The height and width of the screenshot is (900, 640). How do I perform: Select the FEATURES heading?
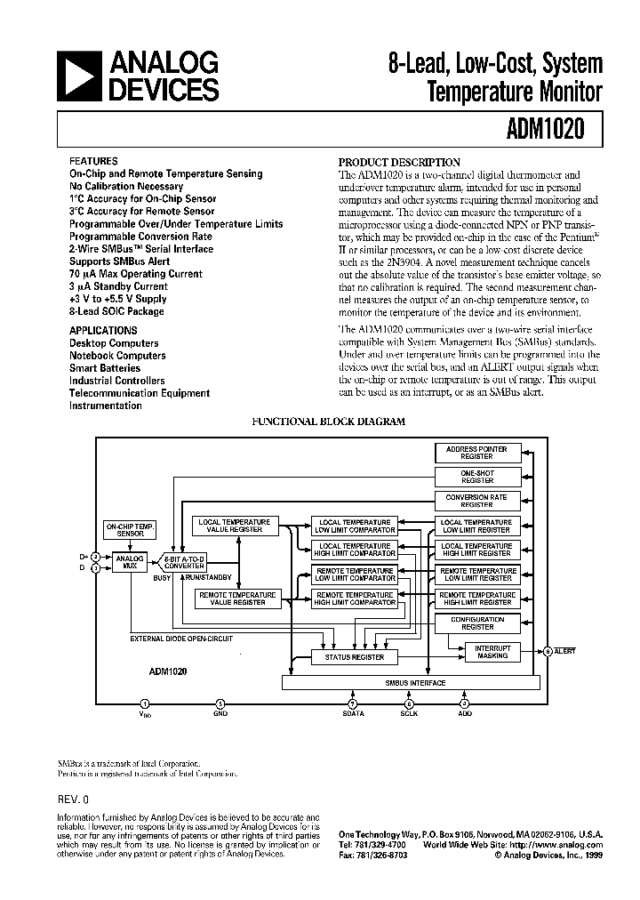coord(92,162)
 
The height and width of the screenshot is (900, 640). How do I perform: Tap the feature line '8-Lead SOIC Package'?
coord(116,311)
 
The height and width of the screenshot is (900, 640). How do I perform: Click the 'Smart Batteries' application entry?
coord(105,368)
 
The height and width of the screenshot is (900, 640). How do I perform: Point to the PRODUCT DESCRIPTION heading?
coord(399,162)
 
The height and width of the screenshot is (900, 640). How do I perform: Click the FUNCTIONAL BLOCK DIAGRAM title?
coord(329,422)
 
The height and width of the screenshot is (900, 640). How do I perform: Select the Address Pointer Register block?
coord(476,453)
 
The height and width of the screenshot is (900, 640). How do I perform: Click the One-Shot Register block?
coord(476,477)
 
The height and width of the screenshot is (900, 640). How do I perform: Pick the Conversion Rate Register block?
coord(476,501)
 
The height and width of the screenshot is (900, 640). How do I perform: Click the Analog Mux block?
coord(130,562)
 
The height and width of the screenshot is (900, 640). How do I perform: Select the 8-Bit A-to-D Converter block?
coord(185,562)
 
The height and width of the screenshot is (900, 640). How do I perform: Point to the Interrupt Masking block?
coord(492,652)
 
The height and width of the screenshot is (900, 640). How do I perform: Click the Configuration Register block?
coord(476,623)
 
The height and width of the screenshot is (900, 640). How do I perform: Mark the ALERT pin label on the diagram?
coord(565,652)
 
